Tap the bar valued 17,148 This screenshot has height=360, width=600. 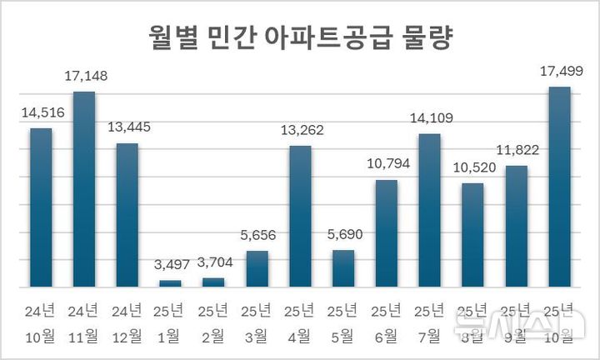[84, 189]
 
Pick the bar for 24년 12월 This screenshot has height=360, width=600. [127, 215]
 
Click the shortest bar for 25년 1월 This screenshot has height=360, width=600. [170, 283]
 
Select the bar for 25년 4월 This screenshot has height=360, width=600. [300, 216]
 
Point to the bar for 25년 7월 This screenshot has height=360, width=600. [429, 210]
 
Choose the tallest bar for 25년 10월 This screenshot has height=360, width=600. [559, 187]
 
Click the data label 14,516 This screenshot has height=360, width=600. [41, 113]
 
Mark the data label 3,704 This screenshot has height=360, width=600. [213, 263]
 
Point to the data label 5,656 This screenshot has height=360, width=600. [257, 237]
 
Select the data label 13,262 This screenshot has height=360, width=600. [300, 131]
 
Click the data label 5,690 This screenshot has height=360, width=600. [343, 236]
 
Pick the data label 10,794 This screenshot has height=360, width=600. [386, 165]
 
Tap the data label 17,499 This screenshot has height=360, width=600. [559, 72]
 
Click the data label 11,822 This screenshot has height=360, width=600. [516, 151]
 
